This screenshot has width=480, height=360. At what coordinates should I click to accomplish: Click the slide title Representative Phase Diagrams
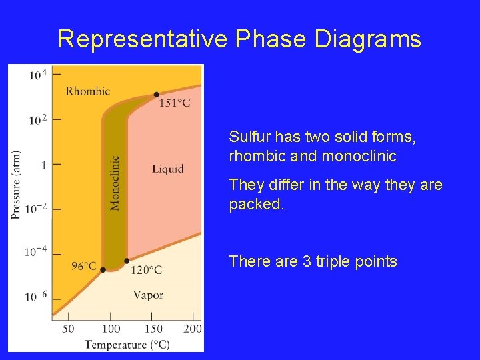coord(239,39)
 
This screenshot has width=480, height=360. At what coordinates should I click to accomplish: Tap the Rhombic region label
coord(87,91)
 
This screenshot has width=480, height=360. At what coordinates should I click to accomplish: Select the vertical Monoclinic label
coord(115,183)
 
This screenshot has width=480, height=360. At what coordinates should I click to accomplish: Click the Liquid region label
coord(167,169)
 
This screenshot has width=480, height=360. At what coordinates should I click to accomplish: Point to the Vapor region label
coord(148,295)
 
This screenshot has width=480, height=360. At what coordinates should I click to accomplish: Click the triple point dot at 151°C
coord(156,95)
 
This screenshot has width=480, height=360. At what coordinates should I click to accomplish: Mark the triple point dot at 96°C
coord(103,269)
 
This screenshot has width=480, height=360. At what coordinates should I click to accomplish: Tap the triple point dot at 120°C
coord(127,261)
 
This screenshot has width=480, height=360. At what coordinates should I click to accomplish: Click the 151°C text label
coord(175,103)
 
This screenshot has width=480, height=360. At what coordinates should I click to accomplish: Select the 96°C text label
coord(83,267)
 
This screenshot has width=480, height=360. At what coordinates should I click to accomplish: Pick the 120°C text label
coord(145,270)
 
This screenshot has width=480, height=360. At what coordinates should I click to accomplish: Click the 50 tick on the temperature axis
coord(68,329)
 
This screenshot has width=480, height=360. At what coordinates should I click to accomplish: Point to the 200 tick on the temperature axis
coord(192,329)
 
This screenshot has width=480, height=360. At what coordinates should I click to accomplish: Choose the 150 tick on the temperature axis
coord(153,329)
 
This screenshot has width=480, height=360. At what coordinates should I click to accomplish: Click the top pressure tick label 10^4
coord(37,74)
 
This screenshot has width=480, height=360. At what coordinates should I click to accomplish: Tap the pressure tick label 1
coord(43,164)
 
